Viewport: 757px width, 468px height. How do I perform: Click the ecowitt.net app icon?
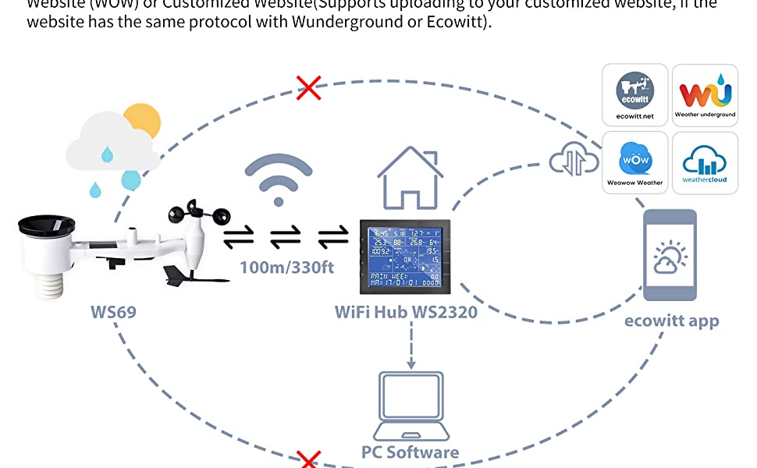pyautogui.click(x=634, y=95)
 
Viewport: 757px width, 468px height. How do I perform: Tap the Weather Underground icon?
pyautogui.click(x=705, y=95)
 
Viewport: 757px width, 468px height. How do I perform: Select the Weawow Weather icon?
pyautogui.click(x=634, y=162)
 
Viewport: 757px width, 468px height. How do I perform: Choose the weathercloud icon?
pyautogui.click(x=705, y=162)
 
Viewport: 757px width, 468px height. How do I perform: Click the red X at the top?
pyautogui.click(x=309, y=87)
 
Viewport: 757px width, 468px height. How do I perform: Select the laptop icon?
pyautogui.click(x=410, y=406)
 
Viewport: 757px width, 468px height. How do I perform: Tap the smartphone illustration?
pyautogui.click(x=670, y=256)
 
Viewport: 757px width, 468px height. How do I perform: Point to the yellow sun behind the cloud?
pyautogui.click(x=142, y=122)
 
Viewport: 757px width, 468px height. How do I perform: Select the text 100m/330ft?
pyautogui.click(x=286, y=268)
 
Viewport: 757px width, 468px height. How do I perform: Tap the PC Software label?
pyautogui.click(x=410, y=452)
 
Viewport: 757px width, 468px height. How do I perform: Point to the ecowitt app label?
pyautogui.click(x=671, y=321)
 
